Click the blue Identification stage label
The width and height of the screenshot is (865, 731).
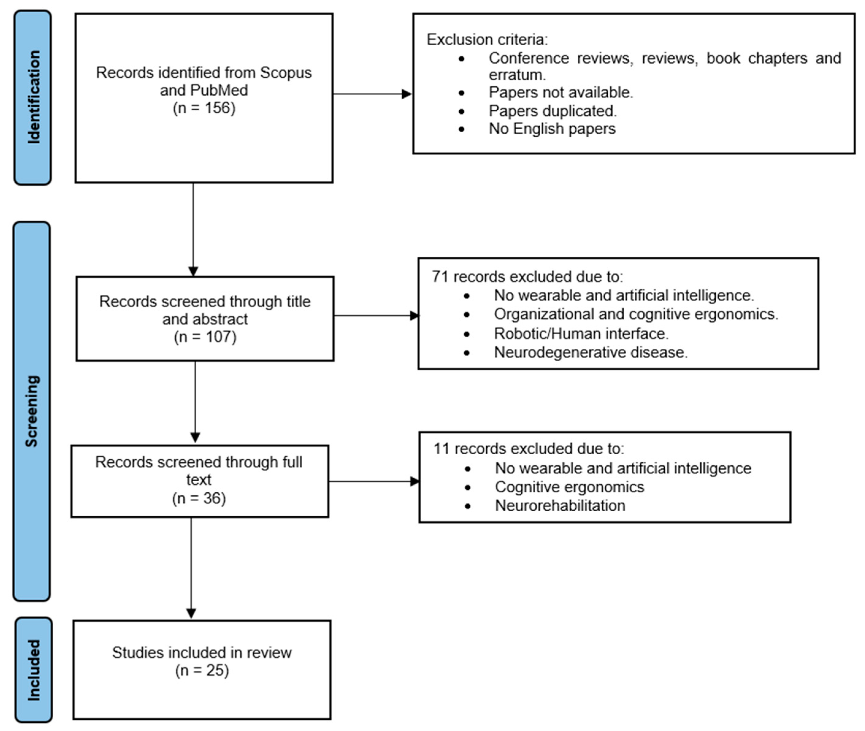33,97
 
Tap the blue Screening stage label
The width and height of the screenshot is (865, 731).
32,411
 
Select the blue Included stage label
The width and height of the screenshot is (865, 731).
34,670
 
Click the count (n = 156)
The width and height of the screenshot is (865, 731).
204,108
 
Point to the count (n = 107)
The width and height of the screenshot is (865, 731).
205,337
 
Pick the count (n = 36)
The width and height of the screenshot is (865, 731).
199,498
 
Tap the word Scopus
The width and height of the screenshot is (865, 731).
286,73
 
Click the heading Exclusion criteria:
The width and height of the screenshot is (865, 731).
487,40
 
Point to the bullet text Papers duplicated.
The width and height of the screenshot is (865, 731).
552,111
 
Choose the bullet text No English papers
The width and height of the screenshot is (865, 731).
552,129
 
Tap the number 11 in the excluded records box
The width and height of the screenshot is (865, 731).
441,449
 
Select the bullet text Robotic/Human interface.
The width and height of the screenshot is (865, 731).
581,334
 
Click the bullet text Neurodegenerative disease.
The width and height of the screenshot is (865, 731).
591,352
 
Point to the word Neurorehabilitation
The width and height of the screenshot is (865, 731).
560,506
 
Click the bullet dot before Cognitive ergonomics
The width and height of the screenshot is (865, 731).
468,488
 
